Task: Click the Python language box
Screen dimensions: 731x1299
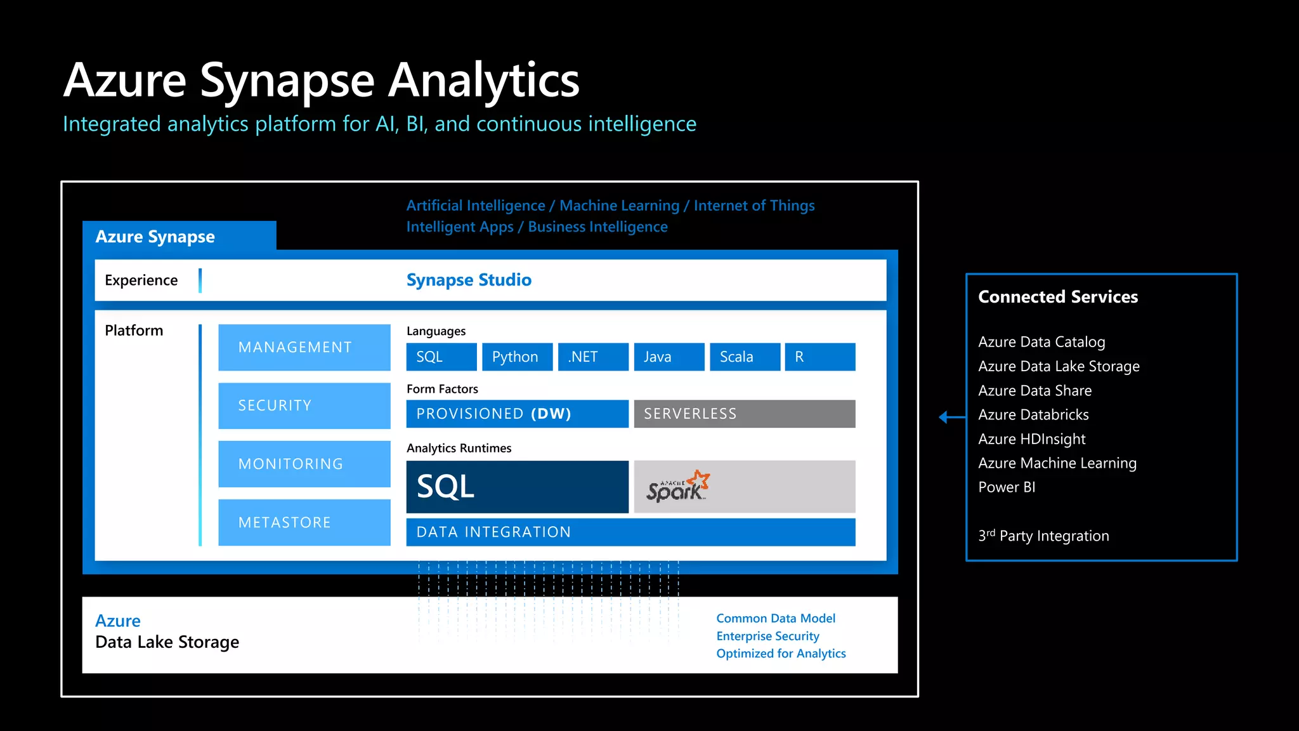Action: (517, 357)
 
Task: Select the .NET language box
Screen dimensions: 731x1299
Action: (593, 357)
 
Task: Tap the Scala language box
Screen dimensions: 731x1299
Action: (745, 357)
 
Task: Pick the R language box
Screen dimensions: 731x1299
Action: (819, 357)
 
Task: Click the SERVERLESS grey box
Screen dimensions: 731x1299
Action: (744, 414)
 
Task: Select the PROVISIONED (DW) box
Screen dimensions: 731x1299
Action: (517, 414)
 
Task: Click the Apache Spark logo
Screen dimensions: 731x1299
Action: (677, 487)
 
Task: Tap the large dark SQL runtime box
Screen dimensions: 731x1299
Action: (517, 487)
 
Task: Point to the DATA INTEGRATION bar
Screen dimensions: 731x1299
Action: (630, 532)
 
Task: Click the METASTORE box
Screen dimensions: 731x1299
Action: (304, 522)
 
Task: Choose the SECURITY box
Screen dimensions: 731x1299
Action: (304, 405)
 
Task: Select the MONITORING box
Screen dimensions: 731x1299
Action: (304, 464)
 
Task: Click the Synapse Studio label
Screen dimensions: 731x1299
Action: (469, 280)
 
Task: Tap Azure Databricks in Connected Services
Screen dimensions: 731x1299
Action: (1033, 415)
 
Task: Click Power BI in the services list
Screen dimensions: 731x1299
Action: (1007, 487)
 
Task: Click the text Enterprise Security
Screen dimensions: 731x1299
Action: (767, 636)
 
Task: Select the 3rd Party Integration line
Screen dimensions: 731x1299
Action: (1043, 536)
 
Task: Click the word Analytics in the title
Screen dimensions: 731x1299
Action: (483, 81)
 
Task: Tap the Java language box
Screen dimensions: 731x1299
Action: (669, 357)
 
